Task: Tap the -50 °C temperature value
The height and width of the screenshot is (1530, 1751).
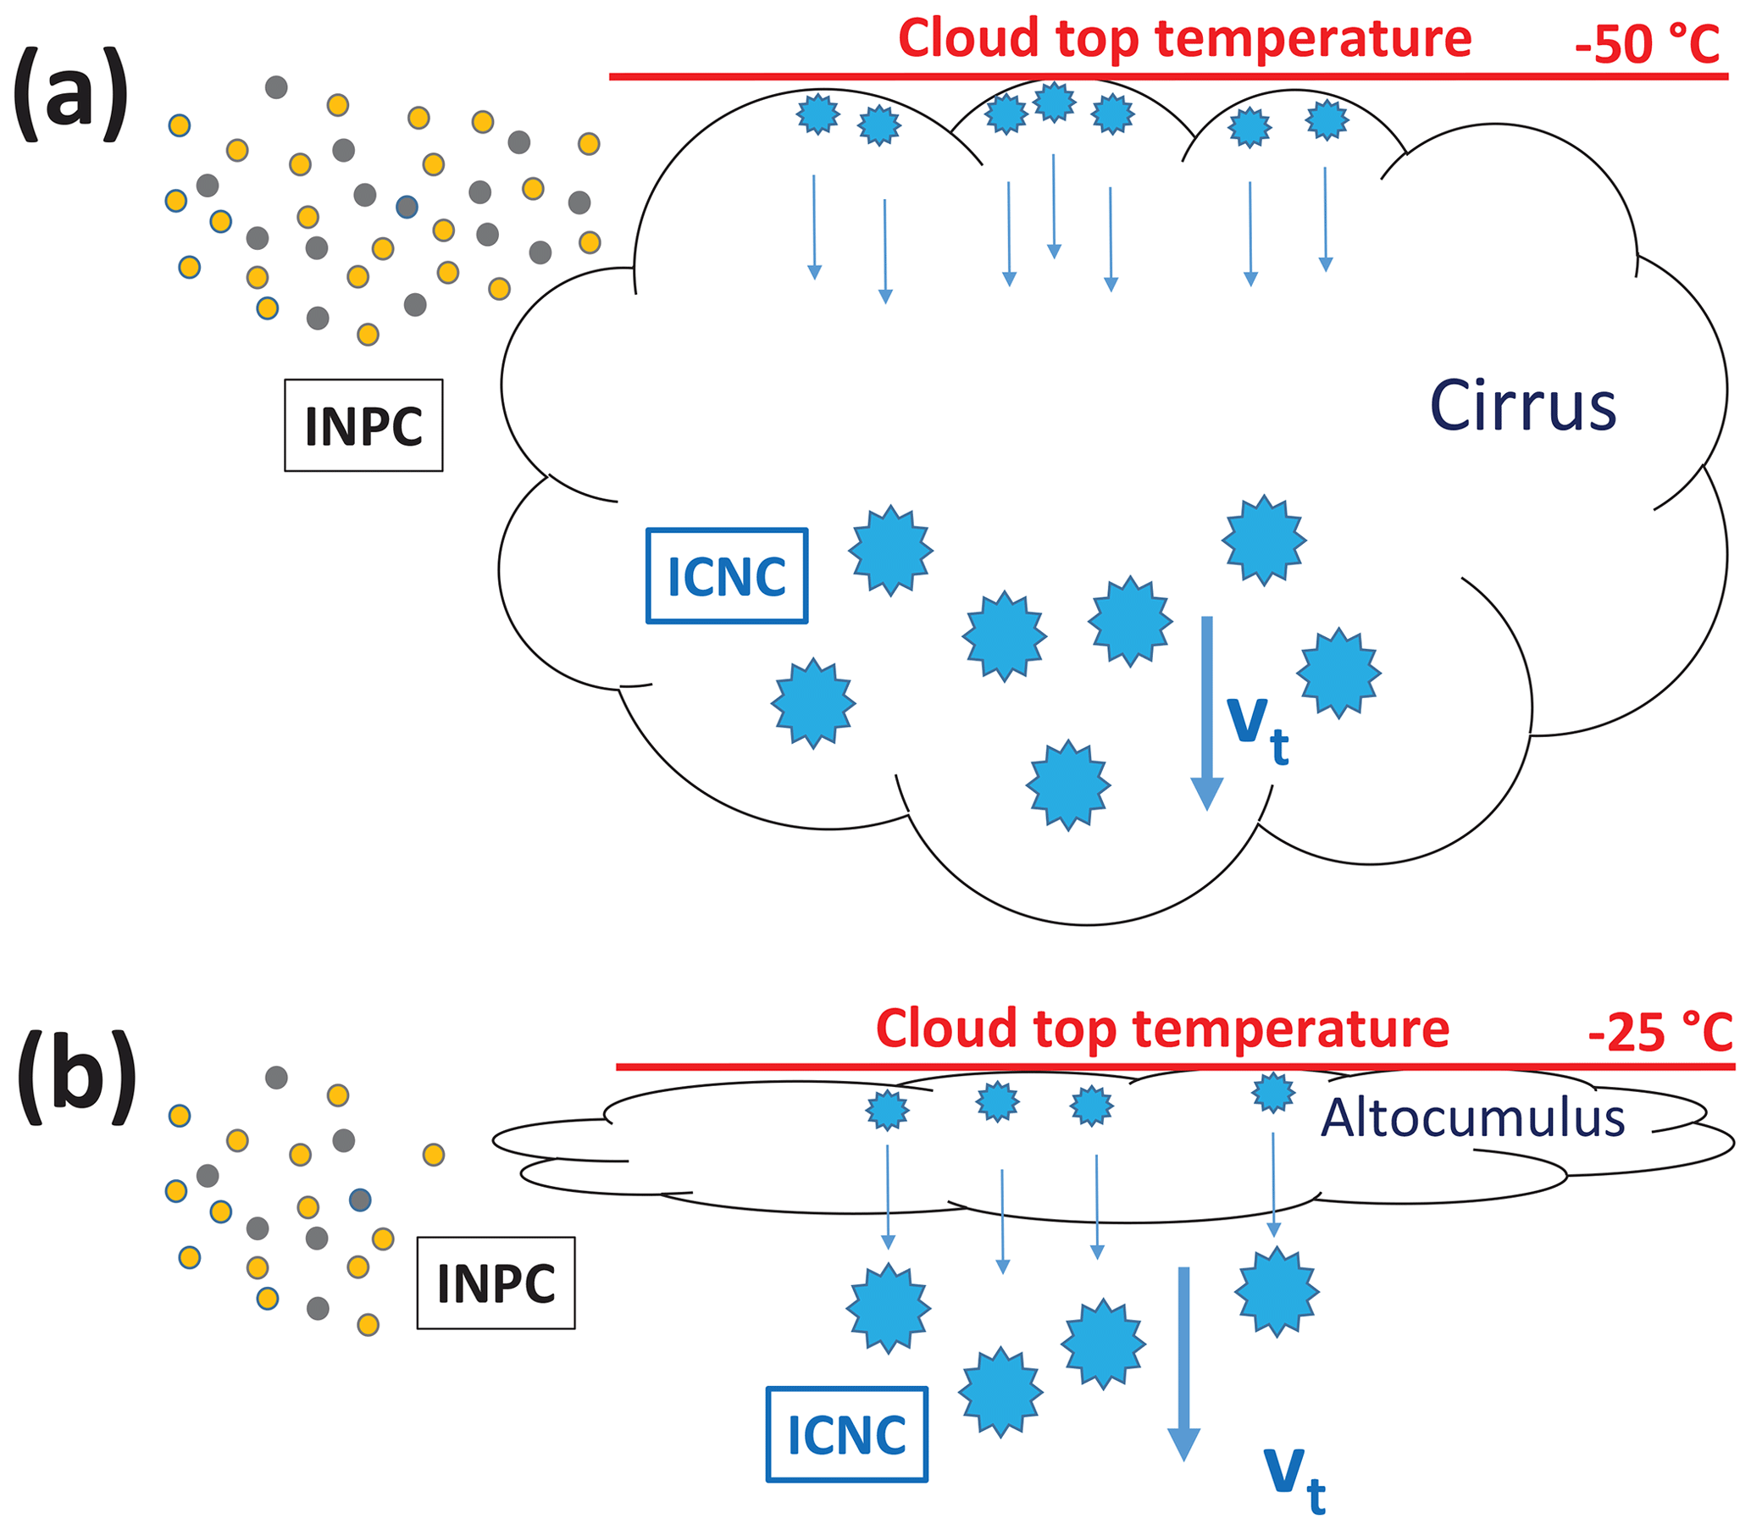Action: (x=1647, y=44)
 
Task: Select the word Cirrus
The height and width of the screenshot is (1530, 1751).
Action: (x=1522, y=407)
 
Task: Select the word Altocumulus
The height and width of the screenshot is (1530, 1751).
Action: (x=1471, y=1118)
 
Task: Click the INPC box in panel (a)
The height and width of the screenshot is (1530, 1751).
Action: (x=363, y=425)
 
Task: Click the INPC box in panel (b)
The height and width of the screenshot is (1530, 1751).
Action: (x=496, y=1283)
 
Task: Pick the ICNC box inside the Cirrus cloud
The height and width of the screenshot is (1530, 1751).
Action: (x=727, y=576)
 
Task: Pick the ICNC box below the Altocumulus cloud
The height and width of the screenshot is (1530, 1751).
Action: (x=847, y=1434)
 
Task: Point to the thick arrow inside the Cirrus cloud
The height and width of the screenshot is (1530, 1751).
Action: (x=1206, y=713)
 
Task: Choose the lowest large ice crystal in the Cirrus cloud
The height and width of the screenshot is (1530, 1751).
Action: (x=1068, y=785)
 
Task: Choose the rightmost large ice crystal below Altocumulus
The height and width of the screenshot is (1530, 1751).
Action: (x=1277, y=1291)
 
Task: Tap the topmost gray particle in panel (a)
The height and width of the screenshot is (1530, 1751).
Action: (x=276, y=87)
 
